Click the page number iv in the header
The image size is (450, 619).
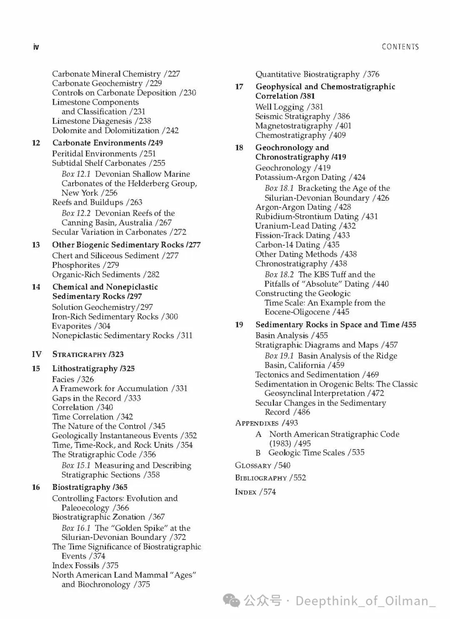(36, 47)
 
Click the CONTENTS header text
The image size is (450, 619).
(400, 47)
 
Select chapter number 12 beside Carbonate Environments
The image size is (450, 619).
(36, 143)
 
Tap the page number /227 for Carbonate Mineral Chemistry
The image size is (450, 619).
(172, 74)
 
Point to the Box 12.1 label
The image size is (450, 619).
(76, 174)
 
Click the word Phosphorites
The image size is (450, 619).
(76, 265)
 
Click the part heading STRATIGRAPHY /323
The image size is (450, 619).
(88, 354)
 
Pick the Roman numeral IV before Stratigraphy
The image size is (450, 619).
(37, 354)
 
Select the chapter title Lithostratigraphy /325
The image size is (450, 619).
(93, 369)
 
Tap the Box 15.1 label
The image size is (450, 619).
(76, 465)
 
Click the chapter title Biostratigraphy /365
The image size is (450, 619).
(90, 487)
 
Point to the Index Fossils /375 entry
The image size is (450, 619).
(85, 565)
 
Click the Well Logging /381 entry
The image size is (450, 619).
(289, 107)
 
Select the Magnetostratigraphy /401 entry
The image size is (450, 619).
(303, 125)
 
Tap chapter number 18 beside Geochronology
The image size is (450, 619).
(239, 148)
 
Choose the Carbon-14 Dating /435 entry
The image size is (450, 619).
(297, 245)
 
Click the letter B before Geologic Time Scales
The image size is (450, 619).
(258, 453)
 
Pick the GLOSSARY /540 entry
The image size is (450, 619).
(262, 465)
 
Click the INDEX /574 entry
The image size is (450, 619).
(255, 492)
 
